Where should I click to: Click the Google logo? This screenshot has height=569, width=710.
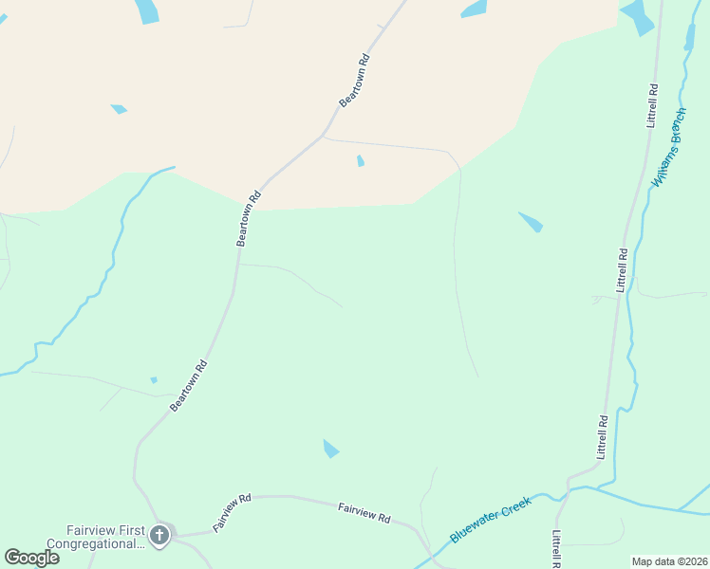32,558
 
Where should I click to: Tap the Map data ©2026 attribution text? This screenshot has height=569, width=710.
669,561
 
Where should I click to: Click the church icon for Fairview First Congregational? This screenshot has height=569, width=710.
159,536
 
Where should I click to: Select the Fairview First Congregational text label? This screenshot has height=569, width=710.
105,537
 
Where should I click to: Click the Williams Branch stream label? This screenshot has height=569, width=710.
668,147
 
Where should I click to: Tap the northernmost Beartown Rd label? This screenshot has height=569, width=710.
354,80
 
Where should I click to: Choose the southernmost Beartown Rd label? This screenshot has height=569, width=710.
189,385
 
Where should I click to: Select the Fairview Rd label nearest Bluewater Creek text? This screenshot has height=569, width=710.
364,513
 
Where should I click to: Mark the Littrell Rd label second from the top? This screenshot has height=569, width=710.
622,270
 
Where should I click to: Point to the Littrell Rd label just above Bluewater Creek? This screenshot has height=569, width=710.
601,437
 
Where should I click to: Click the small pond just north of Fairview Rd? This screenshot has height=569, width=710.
330,449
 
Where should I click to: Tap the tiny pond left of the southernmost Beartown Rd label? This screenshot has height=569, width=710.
154,380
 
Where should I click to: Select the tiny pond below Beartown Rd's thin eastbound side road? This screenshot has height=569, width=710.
361,161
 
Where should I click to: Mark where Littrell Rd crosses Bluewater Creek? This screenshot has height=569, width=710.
566,489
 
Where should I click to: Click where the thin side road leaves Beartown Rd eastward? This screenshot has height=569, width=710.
324,138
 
